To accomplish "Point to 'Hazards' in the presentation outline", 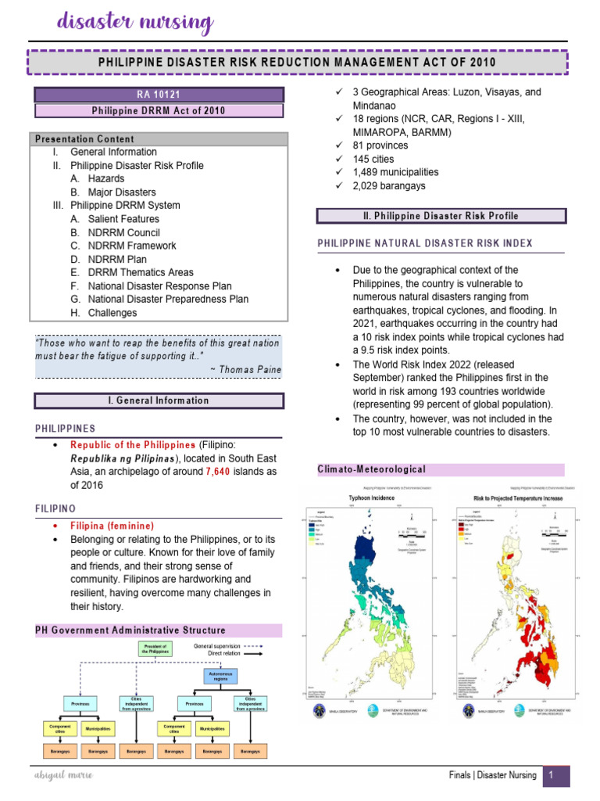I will pos(106,179).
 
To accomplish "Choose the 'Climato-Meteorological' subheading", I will pos(371,469).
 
